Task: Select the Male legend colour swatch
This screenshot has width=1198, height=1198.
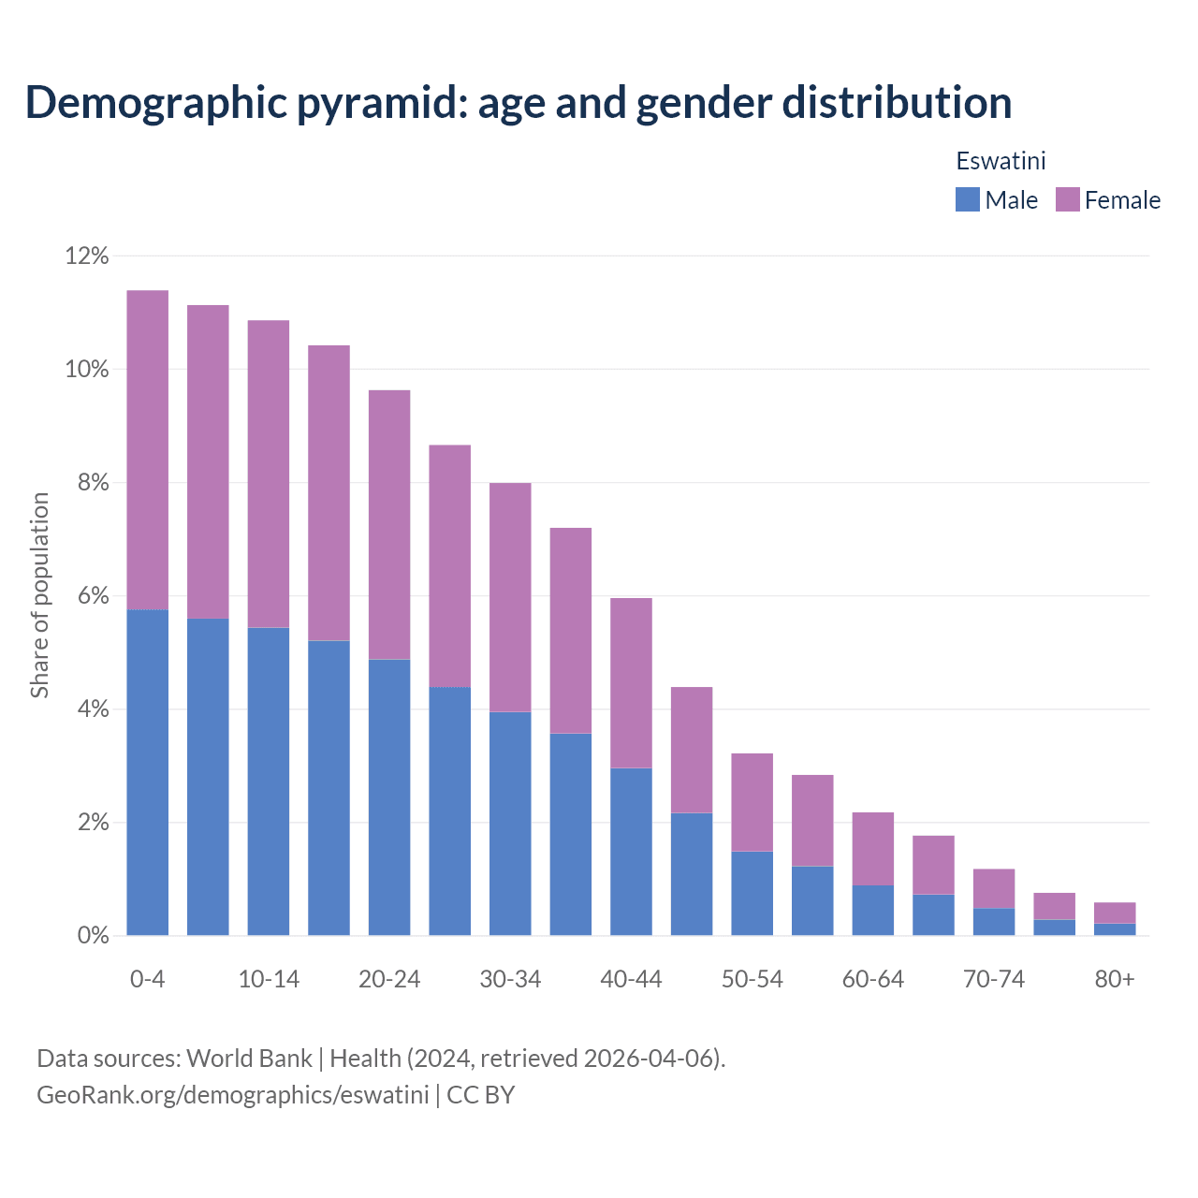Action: coord(967,199)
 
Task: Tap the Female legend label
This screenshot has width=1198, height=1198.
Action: coord(1122,200)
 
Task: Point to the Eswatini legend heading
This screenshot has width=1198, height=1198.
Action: coord(1001,161)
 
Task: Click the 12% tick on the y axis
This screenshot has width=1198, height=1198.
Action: coord(87,256)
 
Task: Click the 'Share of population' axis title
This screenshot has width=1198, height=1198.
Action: coord(39,595)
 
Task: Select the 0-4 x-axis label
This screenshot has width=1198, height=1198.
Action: coord(147,979)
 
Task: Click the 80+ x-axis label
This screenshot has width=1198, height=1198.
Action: coord(1115,979)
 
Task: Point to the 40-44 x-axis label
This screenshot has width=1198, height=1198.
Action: coord(631,979)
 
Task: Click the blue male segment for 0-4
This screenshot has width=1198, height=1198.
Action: coord(147,772)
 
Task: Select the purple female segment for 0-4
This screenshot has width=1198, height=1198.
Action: coord(147,449)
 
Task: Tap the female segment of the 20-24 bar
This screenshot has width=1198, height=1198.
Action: coord(389,524)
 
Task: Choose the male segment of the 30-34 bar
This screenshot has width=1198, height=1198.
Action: coord(510,824)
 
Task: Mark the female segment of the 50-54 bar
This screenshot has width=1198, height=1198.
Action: coord(752,802)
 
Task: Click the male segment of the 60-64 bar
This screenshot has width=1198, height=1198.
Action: coord(872,910)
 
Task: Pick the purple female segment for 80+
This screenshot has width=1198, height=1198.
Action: coord(1115,913)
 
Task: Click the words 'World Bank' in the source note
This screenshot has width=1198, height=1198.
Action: coord(249,1059)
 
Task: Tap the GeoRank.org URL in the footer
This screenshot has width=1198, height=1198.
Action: coord(232,1095)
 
